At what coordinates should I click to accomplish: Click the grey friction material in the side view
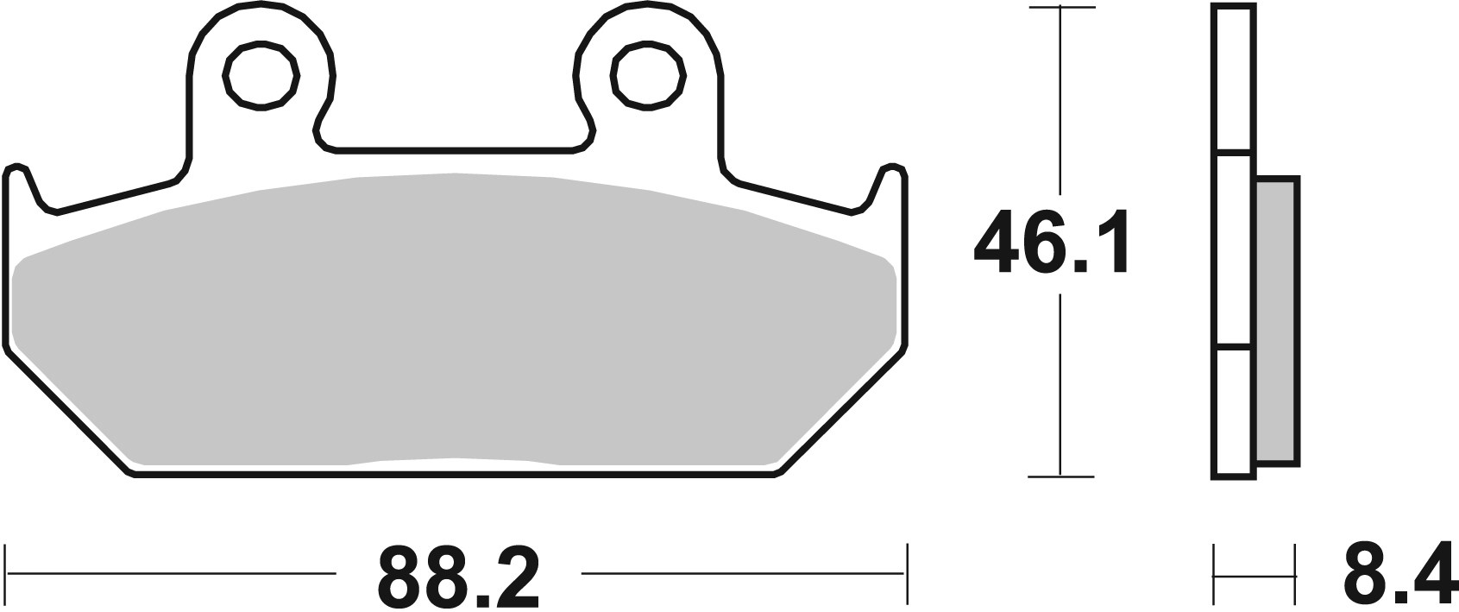pyautogui.click(x=1277, y=319)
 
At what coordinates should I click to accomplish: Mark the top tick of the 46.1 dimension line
pyautogui.click(x=1060, y=8)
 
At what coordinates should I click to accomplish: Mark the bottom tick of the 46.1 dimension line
pyautogui.click(x=1060, y=476)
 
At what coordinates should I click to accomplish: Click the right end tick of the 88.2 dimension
pyautogui.click(x=907, y=573)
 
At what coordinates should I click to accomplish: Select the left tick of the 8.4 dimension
pyautogui.click(x=1214, y=573)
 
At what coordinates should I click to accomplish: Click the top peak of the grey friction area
pyautogui.click(x=455, y=176)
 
